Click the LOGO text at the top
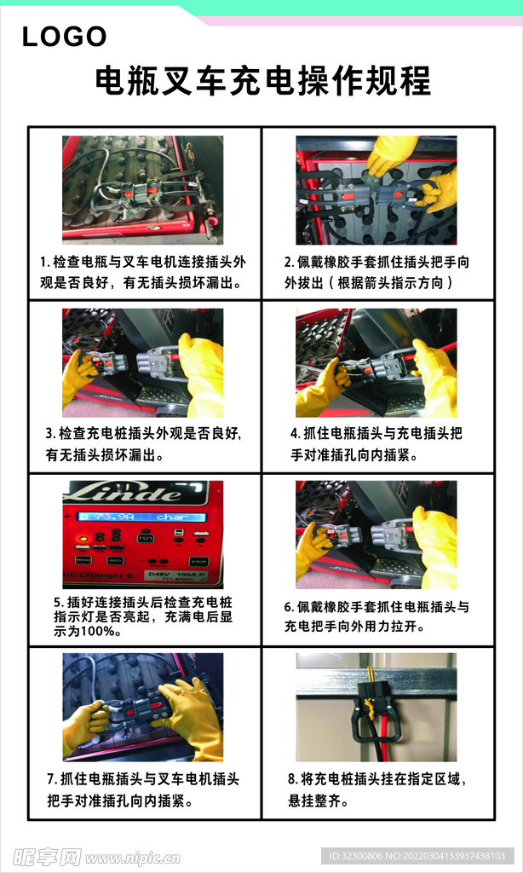tap(64, 37)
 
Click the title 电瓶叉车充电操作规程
tap(262, 81)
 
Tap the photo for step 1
tap(142, 189)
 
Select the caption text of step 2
tap(376, 272)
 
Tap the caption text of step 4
tap(376, 444)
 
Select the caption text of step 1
tap(142, 272)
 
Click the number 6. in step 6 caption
tap(289, 608)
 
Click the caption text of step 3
tap(142, 444)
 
